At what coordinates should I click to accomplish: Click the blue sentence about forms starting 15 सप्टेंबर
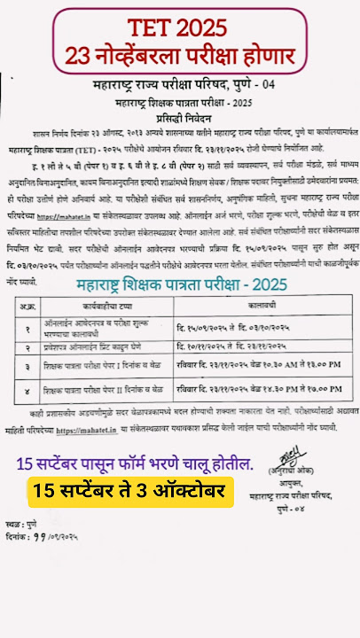click(133, 463)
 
